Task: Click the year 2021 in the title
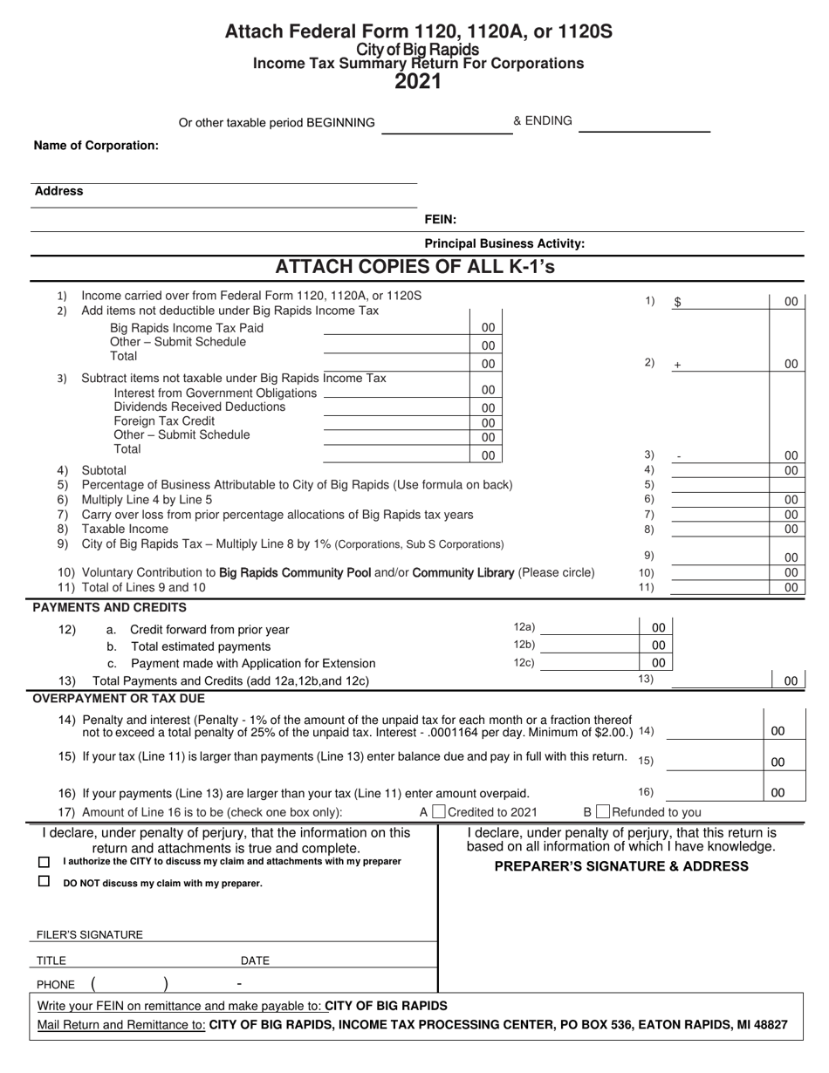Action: tap(418, 82)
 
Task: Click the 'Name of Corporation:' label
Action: tap(96, 146)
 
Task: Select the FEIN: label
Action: tap(440, 220)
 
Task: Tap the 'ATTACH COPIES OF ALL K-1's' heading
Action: tap(415, 267)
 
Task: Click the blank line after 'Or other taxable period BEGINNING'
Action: tap(446, 127)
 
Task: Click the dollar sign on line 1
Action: tap(677, 302)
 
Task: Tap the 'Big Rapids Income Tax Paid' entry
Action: tap(186, 328)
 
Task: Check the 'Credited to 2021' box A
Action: tap(439, 812)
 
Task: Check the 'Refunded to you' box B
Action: tap(603, 812)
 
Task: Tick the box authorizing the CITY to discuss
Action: tap(45, 862)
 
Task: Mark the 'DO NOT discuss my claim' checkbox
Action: tap(45, 882)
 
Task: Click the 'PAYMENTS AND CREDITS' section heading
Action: tap(109, 607)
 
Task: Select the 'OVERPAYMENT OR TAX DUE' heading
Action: tap(119, 698)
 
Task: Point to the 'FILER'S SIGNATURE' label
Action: tap(89, 934)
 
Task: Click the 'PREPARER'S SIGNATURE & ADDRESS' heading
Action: tap(621, 866)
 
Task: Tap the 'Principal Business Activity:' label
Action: tap(504, 244)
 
